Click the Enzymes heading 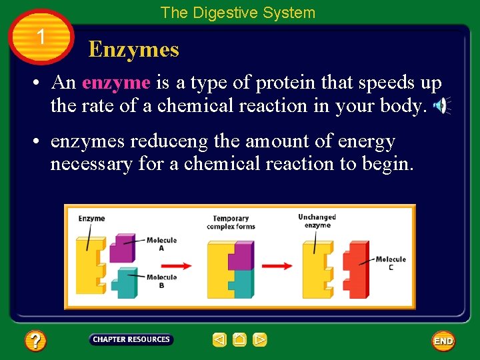133,49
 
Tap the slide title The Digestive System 237,13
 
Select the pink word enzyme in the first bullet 116,83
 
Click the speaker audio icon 441,105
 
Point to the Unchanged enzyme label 317,221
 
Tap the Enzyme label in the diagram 91,218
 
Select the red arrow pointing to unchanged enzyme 277,265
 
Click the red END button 443,341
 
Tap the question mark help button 35,341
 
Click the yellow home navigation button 239,340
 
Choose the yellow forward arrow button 260,340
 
